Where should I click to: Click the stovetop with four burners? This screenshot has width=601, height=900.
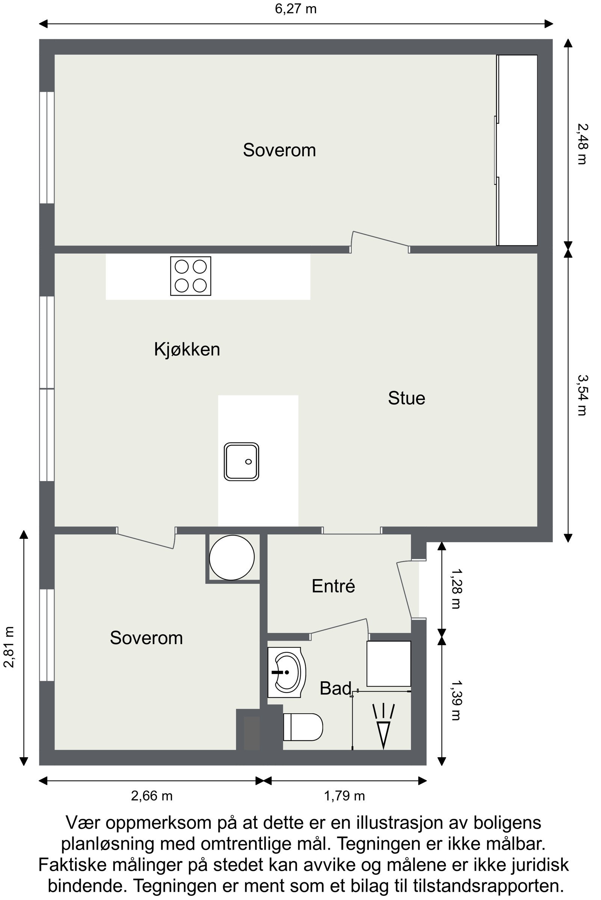190,276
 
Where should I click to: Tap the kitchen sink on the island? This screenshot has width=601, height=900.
241,462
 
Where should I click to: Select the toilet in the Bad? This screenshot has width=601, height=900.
302,727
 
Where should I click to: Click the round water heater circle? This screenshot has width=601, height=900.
231,558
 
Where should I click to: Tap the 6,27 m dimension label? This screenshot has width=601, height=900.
296,8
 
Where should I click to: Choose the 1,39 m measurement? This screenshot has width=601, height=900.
456,700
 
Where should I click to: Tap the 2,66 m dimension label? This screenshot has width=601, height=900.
152,796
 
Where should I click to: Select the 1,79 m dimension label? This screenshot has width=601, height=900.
344,796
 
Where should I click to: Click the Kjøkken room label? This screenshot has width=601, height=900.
187,349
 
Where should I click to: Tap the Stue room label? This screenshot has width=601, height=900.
406,398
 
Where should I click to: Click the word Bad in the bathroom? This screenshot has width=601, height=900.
335,688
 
